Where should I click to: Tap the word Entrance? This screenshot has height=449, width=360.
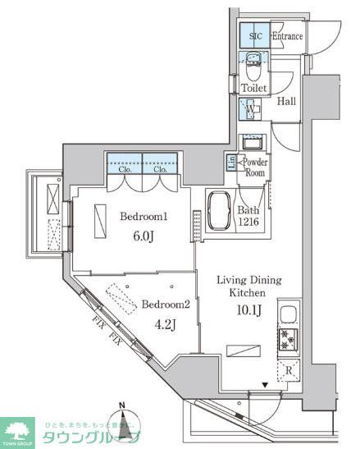click(287, 37)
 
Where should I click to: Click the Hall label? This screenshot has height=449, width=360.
click(287, 101)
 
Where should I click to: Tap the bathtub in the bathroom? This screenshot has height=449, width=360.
click(219, 213)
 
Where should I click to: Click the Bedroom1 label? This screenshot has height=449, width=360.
click(144, 217)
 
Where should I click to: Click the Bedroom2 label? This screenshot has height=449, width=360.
click(166, 305)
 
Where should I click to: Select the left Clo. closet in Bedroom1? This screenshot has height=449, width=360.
click(124, 162)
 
